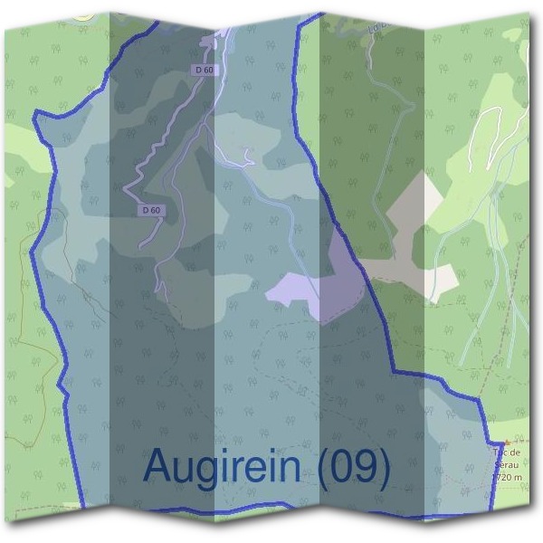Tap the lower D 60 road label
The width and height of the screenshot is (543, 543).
pos(152,210)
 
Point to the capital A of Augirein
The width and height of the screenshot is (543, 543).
pos(158,465)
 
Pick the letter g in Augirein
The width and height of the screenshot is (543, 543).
pos(215,471)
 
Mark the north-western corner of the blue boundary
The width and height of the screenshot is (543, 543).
pos(35,113)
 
